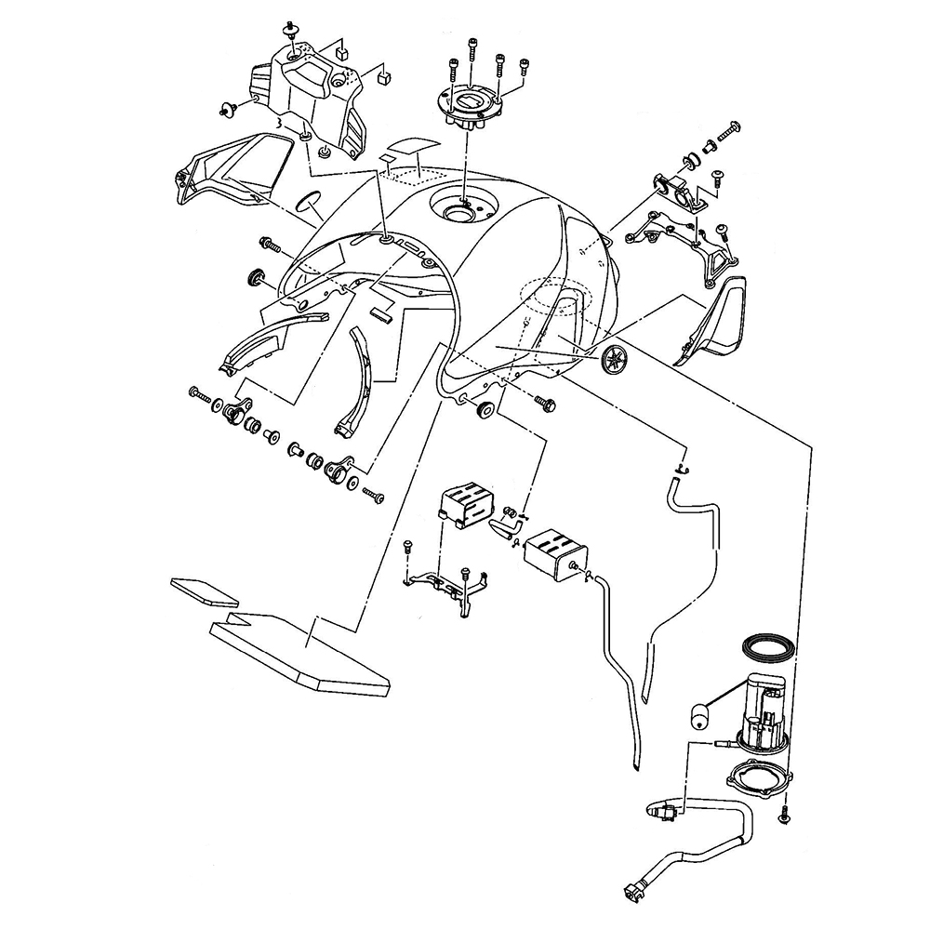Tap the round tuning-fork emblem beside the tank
615,359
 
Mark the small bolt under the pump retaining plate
783,816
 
